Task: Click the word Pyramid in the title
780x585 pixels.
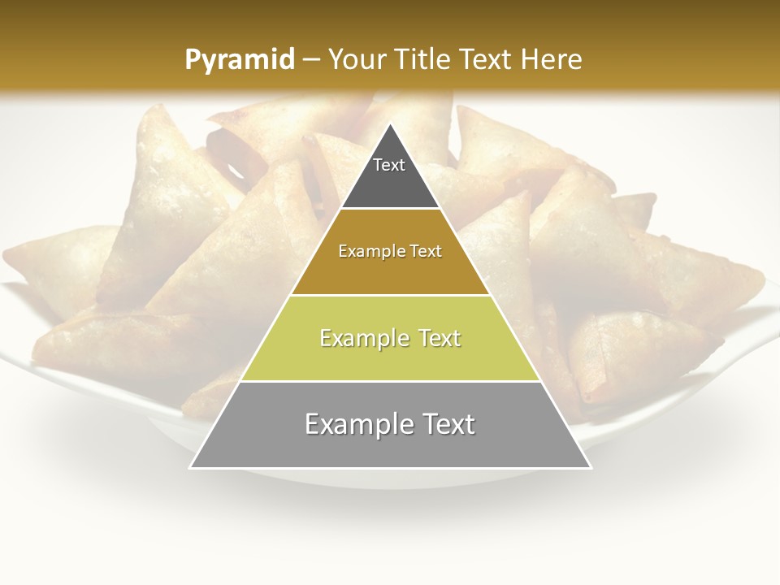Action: point(240,60)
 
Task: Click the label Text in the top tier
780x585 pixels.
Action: point(389,165)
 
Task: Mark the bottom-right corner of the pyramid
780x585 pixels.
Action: point(590,467)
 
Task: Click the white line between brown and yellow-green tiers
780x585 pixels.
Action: point(390,295)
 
